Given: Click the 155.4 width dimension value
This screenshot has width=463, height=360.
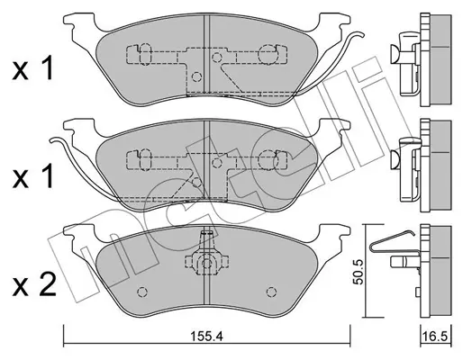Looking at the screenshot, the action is pos(207,337).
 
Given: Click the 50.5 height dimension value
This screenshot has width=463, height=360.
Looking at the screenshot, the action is pos(359,272).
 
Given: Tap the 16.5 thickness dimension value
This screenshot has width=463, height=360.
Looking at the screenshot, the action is pos(437,337).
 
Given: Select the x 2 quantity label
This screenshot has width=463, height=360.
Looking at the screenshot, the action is pos(34,285).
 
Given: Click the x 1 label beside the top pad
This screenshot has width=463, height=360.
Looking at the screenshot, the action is pos(32,69).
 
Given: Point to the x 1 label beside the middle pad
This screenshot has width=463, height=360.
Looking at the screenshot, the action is pos(32,176).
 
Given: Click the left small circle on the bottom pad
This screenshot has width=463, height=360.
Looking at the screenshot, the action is pos(142,292).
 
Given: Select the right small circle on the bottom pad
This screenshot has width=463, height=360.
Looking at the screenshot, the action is pos(271,292).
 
